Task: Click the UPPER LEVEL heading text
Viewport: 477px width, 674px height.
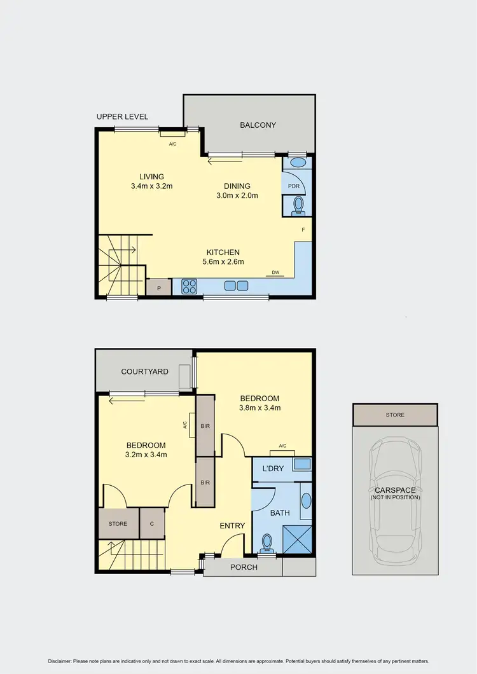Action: pyautogui.click(x=122, y=117)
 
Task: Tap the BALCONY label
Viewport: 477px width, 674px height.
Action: pyautogui.click(x=258, y=125)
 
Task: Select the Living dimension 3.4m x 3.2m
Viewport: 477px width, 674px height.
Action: pyautogui.click(x=152, y=186)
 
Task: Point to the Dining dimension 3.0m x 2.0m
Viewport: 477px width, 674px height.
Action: pyautogui.click(x=237, y=196)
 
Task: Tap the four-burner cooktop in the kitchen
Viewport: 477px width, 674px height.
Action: pyautogui.click(x=190, y=287)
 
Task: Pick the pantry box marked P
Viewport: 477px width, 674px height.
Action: pyautogui.click(x=158, y=287)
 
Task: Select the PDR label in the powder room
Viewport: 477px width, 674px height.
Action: pyautogui.click(x=294, y=186)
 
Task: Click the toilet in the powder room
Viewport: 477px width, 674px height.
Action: pyautogui.click(x=298, y=204)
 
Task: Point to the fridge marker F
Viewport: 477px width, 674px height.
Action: pyautogui.click(x=303, y=230)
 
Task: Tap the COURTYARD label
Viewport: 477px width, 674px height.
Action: pyautogui.click(x=144, y=371)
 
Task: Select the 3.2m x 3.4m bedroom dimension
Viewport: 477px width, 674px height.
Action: pyautogui.click(x=146, y=455)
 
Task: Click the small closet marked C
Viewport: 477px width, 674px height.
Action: pyautogui.click(x=152, y=524)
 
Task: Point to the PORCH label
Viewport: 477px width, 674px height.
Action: pyautogui.click(x=244, y=567)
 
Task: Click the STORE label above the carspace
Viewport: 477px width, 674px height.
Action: pyautogui.click(x=394, y=415)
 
